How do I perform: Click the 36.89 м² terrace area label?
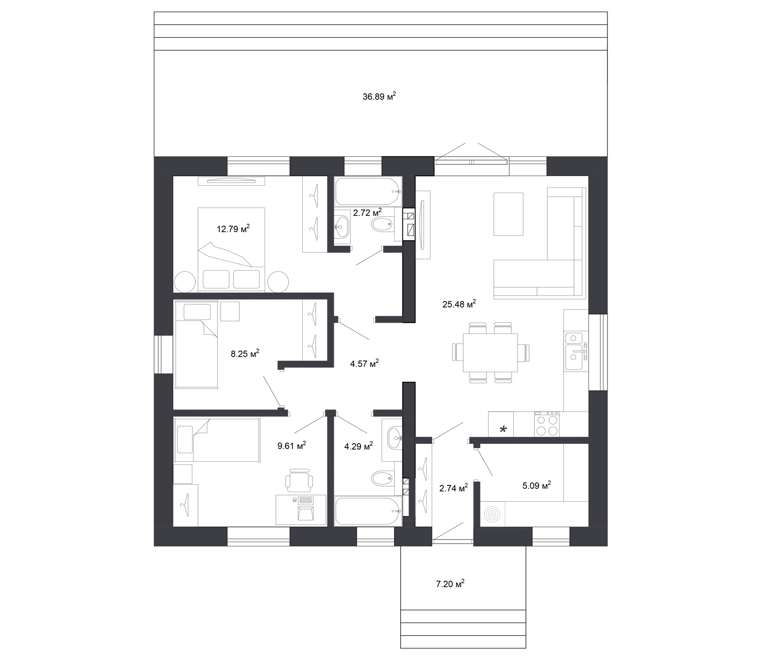(x=379, y=96)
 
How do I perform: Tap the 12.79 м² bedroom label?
(x=233, y=229)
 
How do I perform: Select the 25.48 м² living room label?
(x=459, y=304)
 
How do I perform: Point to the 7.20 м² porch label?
(x=450, y=584)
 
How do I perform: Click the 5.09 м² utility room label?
(x=536, y=485)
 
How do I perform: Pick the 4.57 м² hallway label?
(x=364, y=363)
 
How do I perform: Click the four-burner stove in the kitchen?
(x=547, y=424)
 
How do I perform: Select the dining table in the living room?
(x=490, y=352)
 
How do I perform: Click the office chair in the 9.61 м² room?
(x=299, y=480)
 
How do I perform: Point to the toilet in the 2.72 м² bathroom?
(x=382, y=225)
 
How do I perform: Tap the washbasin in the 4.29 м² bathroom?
(x=393, y=438)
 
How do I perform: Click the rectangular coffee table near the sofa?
(x=508, y=214)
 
